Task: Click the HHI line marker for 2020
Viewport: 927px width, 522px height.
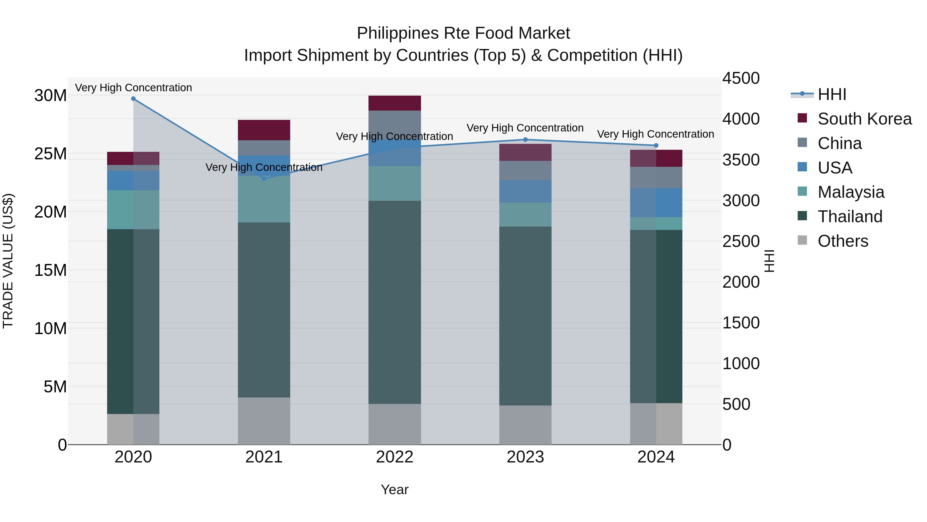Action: pyautogui.click(x=133, y=99)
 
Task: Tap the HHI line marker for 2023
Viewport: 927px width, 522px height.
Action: pyautogui.click(x=525, y=139)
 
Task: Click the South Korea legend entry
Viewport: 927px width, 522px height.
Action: pyautogui.click(x=864, y=119)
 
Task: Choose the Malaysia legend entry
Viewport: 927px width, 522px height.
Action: pyautogui.click(x=851, y=192)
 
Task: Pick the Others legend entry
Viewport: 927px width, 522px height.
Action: pyautogui.click(x=843, y=241)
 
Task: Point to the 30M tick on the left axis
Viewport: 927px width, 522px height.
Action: pyautogui.click(x=50, y=96)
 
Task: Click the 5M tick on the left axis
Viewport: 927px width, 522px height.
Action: pyautogui.click(x=55, y=387)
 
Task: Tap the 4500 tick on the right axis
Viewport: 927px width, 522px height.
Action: pyautogui.click(x=741, y=79)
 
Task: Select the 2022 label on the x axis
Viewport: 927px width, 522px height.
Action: pyautogui.click(x=394, y=457)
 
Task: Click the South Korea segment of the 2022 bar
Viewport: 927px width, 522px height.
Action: pyautogui.click(x=394, y=103)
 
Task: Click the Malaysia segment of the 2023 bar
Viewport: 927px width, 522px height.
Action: pyautogui.click(x=525, y=214)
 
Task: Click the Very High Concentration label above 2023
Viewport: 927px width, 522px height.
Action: pyautogui.click(x=525, y=128)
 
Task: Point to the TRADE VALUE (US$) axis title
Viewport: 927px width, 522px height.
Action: pyautogui.click(x=8, y=261)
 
